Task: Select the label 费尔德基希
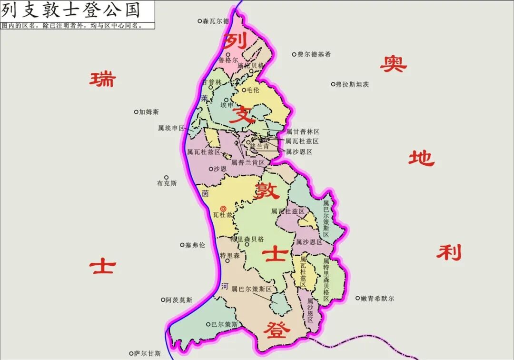(314, 54)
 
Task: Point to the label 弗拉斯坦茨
(353, 85)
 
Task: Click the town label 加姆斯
(149, 112)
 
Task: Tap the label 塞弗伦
(195, 245)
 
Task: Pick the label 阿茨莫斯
(179, 300)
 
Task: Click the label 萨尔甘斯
(148, 354)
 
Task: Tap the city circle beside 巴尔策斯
(208, 324)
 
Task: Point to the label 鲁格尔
(228, 60)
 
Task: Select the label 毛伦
(253, 90)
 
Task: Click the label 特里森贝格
(247, 239)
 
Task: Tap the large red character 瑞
(102, 79)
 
